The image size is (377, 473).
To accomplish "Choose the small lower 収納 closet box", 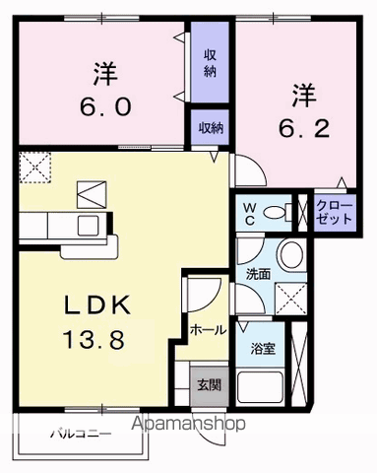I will coord(210,127).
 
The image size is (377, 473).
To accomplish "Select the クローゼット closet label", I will coord(335,211).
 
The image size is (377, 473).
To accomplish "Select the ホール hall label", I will coord(206,327).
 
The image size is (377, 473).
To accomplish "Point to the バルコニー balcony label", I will coord(78,432).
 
